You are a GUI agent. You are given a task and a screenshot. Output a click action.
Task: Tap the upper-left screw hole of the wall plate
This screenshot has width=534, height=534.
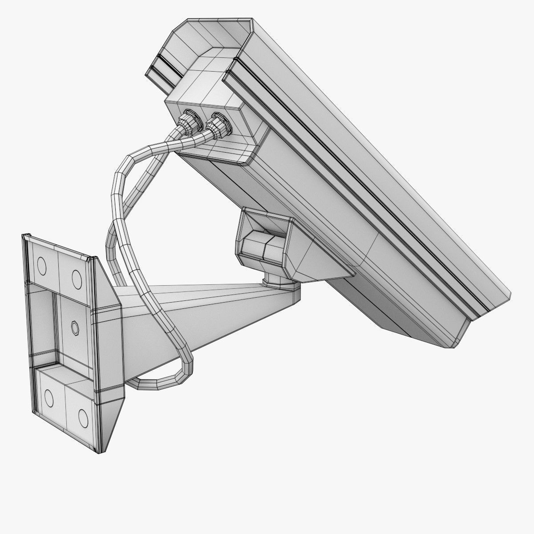[x=42, y=267]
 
